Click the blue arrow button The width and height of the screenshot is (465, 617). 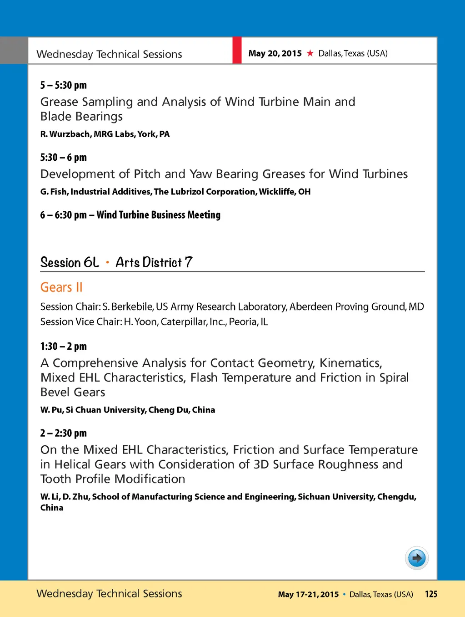pos(416,558)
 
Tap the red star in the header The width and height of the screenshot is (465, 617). pos(310,53)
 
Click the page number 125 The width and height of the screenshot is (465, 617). pos(431,594)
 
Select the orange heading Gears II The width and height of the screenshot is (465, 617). pos(61,287)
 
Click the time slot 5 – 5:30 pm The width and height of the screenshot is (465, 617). pos(63,85)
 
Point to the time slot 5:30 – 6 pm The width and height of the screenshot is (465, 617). pos(63,158)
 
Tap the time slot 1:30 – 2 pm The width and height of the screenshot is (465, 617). pos(63,347)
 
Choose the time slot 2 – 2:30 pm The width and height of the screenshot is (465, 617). pos(63,433)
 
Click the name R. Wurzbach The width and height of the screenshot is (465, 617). pos(65,134)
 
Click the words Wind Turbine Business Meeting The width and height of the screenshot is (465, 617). pos(158,215)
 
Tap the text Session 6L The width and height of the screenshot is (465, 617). pos(70,262)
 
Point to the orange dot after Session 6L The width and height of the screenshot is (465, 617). pos(108,263)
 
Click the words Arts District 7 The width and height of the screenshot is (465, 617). pos(154,262)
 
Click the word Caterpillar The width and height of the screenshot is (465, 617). pos(184,322)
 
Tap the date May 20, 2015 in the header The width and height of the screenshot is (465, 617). pos(275,53)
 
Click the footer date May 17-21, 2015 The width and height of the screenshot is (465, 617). pos(308,594)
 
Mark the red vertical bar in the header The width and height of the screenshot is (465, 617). pos(237,50)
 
